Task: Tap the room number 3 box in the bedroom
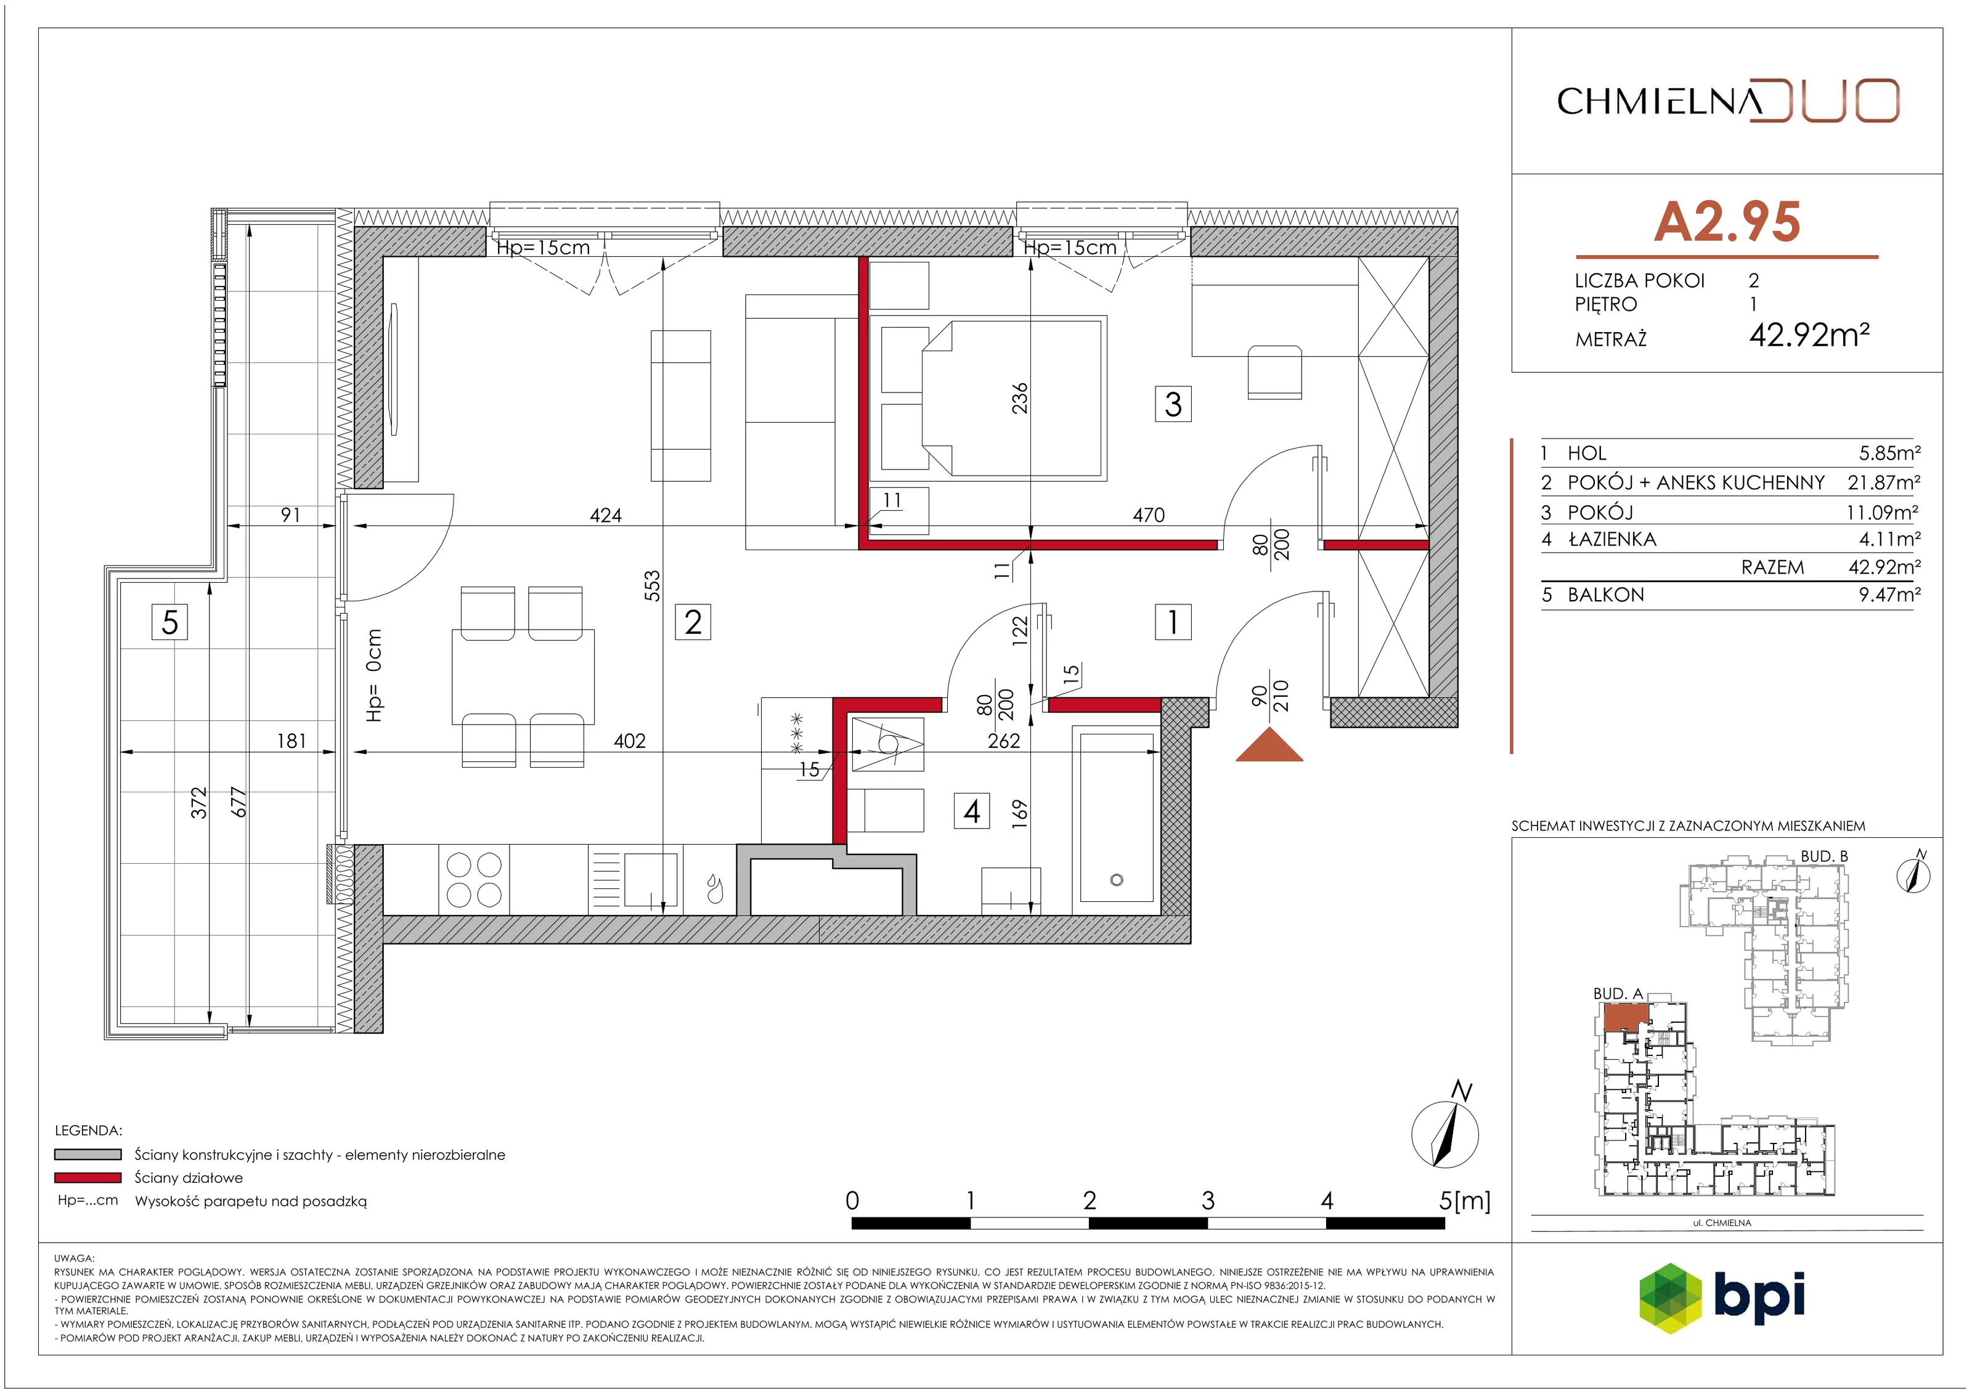click(1173, 404)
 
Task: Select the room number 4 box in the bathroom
click(971, 811)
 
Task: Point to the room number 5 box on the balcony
click(170, 621)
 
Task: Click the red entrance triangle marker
click(1269, 745)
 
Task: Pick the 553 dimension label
click(652, 586)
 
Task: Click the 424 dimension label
click(606, 515)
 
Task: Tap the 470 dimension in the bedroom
click(1148, 514)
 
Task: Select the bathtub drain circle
click(1117, 879)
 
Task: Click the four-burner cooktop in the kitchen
click(473, 879)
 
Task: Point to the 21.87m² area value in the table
click(1883, 482)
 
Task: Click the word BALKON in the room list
click(1605, 595)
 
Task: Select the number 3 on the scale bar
click(1208, 1200)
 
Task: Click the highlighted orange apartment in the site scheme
click(1625, 1018)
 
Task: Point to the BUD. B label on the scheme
click(1823, 856)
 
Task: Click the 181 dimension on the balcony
click(291, 741)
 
